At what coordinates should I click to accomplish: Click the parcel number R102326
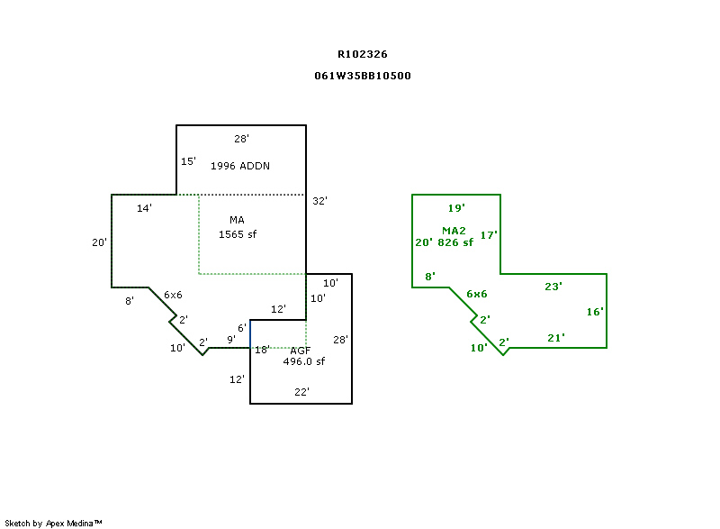tap(363, 54)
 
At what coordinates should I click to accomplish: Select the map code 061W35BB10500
tap(363, 76)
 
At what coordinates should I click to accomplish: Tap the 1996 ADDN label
tap(240, 166)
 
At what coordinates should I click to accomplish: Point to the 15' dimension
tap(188, 161)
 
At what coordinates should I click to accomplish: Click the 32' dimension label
tap(319, 201)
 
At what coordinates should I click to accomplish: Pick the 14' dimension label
tap(144, 208)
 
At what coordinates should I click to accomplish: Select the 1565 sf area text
tap(238, 234)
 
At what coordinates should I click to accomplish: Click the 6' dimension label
tap(242, 327)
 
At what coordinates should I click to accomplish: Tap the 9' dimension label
tap(231, 340)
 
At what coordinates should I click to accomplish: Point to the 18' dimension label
tap(262, 350)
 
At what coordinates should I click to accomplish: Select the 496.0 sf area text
tap(303, 361)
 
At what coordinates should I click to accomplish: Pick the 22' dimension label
tap(302, 392)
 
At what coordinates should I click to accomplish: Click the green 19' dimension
tap(456, 208)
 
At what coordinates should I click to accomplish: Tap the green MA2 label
tap(454, 231)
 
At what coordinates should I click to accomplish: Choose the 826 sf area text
tap(455, 242)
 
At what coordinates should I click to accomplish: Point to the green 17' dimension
tap(489, 235)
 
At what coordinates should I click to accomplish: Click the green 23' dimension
tap(553, 287)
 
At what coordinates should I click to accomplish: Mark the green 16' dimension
tap(594, 312)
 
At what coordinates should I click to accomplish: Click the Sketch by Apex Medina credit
tap(53, 523)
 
